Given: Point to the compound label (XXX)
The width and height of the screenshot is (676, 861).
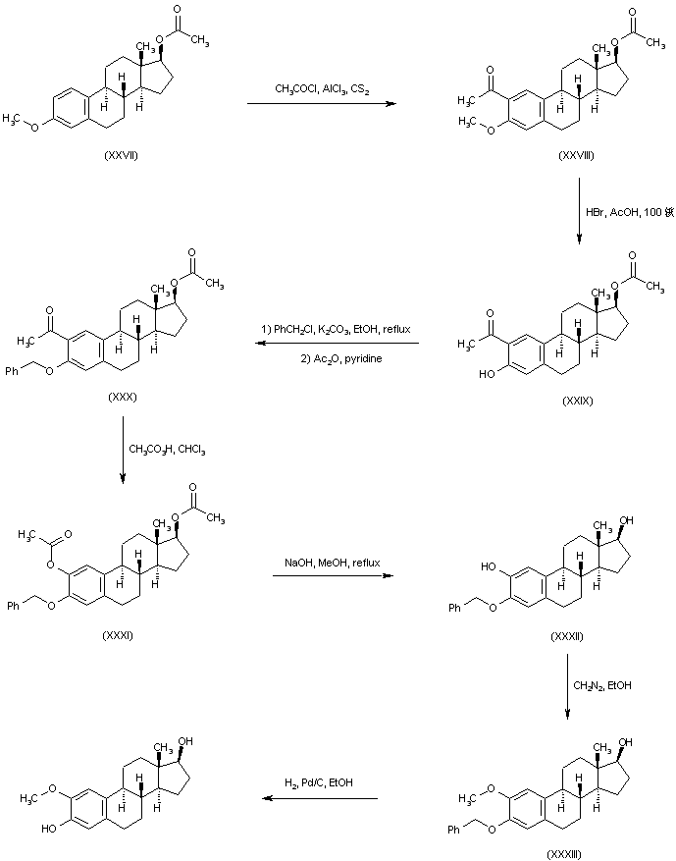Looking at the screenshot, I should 124,398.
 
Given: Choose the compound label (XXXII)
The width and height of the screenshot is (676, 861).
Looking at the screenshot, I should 567,637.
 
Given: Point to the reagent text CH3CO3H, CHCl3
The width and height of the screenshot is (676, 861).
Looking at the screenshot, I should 168,450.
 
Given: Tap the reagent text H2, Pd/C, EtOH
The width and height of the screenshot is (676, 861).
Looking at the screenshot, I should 321,781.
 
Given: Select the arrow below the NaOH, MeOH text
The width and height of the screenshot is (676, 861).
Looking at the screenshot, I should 329,575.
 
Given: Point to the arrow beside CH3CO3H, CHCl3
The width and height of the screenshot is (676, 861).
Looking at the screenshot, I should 123,450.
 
